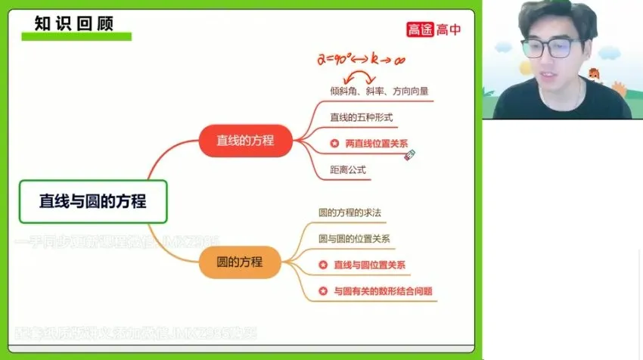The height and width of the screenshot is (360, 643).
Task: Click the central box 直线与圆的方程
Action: pos(93,202)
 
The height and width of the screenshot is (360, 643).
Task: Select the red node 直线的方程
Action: pos(244,141)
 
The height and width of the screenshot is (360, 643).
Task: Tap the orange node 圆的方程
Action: pos(240,262)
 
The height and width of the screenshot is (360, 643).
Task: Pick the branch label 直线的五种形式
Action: pos(361,117)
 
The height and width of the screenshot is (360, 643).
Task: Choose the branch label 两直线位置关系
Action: pos(374,143)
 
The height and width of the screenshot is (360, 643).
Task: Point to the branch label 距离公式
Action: pos(347,169)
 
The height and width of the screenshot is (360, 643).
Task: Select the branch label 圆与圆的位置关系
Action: pos(354,239)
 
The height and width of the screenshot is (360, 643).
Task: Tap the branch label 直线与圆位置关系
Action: pos(369,265)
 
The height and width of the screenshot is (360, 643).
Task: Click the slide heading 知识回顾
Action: pos(74,23)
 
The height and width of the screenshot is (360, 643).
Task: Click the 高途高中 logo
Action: pos(433,30)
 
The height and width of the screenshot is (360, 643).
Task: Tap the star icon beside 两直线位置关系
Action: pos(334,143)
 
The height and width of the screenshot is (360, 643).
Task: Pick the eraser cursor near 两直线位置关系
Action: pos(410,155)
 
